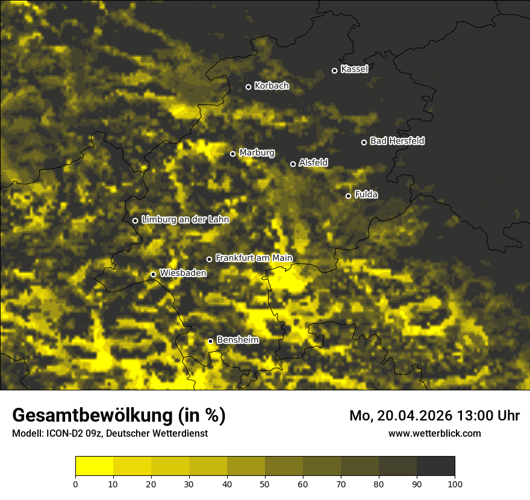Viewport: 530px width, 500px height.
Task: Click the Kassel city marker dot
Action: coord(334,70)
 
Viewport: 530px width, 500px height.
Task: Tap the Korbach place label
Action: coord(271,86)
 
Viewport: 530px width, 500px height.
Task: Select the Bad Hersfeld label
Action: coord(397,141)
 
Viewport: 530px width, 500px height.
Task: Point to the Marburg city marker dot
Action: coord(232,154)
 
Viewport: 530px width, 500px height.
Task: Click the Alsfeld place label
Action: coord(313,163)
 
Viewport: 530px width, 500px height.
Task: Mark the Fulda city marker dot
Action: coord(348,196)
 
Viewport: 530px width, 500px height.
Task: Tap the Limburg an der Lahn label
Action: coord(185,220)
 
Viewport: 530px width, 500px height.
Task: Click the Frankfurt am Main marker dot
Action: coord(209,259)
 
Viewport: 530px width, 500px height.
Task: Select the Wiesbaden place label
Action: coord(182,273)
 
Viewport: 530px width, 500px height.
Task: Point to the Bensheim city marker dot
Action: coord(210,341)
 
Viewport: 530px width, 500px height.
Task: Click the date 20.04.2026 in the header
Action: coord(416,416)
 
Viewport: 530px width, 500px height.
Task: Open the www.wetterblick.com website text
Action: coord(434,433)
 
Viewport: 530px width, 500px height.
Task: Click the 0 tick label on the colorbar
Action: coord(75,484)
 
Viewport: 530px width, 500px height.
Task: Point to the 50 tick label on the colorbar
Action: coord(265,484)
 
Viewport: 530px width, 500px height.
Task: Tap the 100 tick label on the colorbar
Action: coord(455,484)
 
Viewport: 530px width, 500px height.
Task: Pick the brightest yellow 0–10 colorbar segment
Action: coord(94,466)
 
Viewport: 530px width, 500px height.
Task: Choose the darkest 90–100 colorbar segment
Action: coord(435,466)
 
